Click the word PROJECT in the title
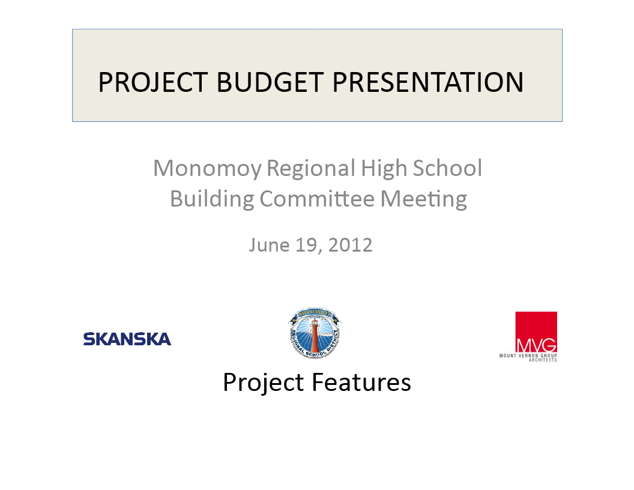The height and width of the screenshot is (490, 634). (153, 82)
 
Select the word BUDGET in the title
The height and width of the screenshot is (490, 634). (270, 82)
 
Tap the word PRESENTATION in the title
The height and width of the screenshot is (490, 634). (428, 82)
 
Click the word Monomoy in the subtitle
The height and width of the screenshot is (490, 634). (207, 169)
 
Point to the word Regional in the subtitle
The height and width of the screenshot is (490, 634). (310, 169)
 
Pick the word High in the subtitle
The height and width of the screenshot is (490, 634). (383, 169)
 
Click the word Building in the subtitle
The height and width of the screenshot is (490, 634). (211, 199)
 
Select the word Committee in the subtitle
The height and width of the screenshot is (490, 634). (317, 199)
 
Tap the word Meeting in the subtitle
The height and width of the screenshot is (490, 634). (423, 199)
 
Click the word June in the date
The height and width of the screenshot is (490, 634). (269, 245)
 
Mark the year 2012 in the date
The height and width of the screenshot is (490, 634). (350, 245)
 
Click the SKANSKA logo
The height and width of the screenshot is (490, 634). (127, 339)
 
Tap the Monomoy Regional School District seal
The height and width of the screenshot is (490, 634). (315, 333)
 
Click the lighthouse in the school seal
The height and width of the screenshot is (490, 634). (315, 335)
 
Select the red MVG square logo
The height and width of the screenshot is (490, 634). (536, 332)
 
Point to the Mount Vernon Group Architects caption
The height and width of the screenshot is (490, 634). (528, 357)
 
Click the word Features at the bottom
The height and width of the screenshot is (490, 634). (361, 382)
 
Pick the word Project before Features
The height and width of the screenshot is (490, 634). (263, 383)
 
